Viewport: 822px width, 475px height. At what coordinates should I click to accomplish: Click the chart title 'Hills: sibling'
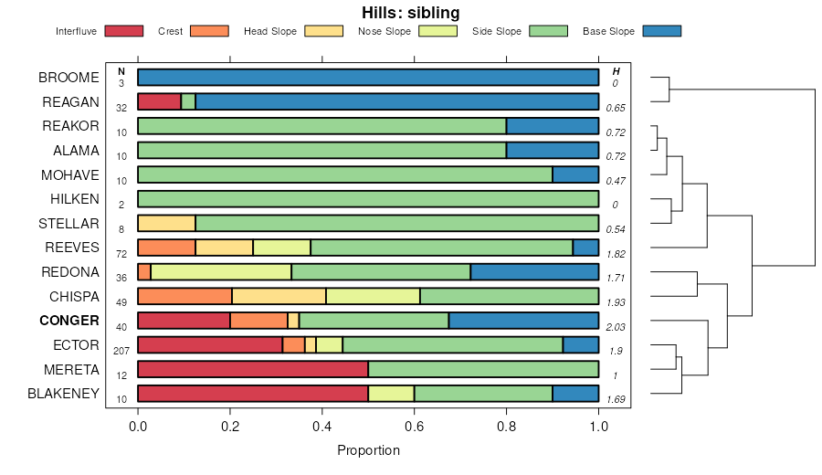point(410,13)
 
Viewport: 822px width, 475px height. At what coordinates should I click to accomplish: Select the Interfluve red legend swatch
point(124,31)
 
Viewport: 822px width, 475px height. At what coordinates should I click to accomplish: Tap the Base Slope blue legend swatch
point(661,31)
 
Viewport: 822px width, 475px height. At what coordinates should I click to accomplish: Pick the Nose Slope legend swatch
point(437,31)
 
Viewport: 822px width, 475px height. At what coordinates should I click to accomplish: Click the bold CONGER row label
point(68,321)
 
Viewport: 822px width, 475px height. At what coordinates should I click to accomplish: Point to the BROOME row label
point(68,78)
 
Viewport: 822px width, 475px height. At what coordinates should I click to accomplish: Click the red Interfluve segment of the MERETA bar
point(253,369)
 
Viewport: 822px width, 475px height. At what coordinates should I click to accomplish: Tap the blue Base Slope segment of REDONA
point(534,271)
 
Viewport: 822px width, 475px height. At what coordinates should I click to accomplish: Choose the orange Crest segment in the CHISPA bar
point(185,296)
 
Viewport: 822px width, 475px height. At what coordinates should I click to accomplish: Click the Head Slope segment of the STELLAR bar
point(166,223)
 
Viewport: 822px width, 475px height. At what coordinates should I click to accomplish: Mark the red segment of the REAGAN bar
point(160,101)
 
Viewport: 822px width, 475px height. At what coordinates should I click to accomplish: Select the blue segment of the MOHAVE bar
point(575,174)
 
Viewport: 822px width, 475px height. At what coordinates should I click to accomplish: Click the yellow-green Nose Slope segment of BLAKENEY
point(391,394)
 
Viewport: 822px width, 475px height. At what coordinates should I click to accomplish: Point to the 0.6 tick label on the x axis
point(414,426)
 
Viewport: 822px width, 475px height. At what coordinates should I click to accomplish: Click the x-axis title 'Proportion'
point(368,450)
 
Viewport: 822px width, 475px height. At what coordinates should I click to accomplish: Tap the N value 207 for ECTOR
point(121,351)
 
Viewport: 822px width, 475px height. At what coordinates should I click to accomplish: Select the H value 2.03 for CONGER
point(616,326)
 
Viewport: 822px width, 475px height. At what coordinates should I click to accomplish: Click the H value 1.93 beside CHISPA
point(616,301)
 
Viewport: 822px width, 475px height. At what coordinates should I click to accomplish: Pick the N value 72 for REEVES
point(121,253)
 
